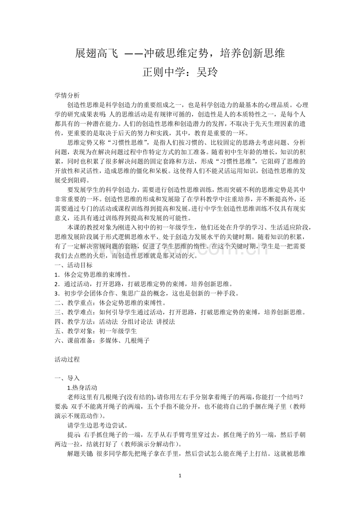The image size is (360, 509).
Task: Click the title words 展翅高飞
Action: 96,54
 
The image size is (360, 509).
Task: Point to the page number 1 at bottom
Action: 180,476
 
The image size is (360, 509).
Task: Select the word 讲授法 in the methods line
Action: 166,322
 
